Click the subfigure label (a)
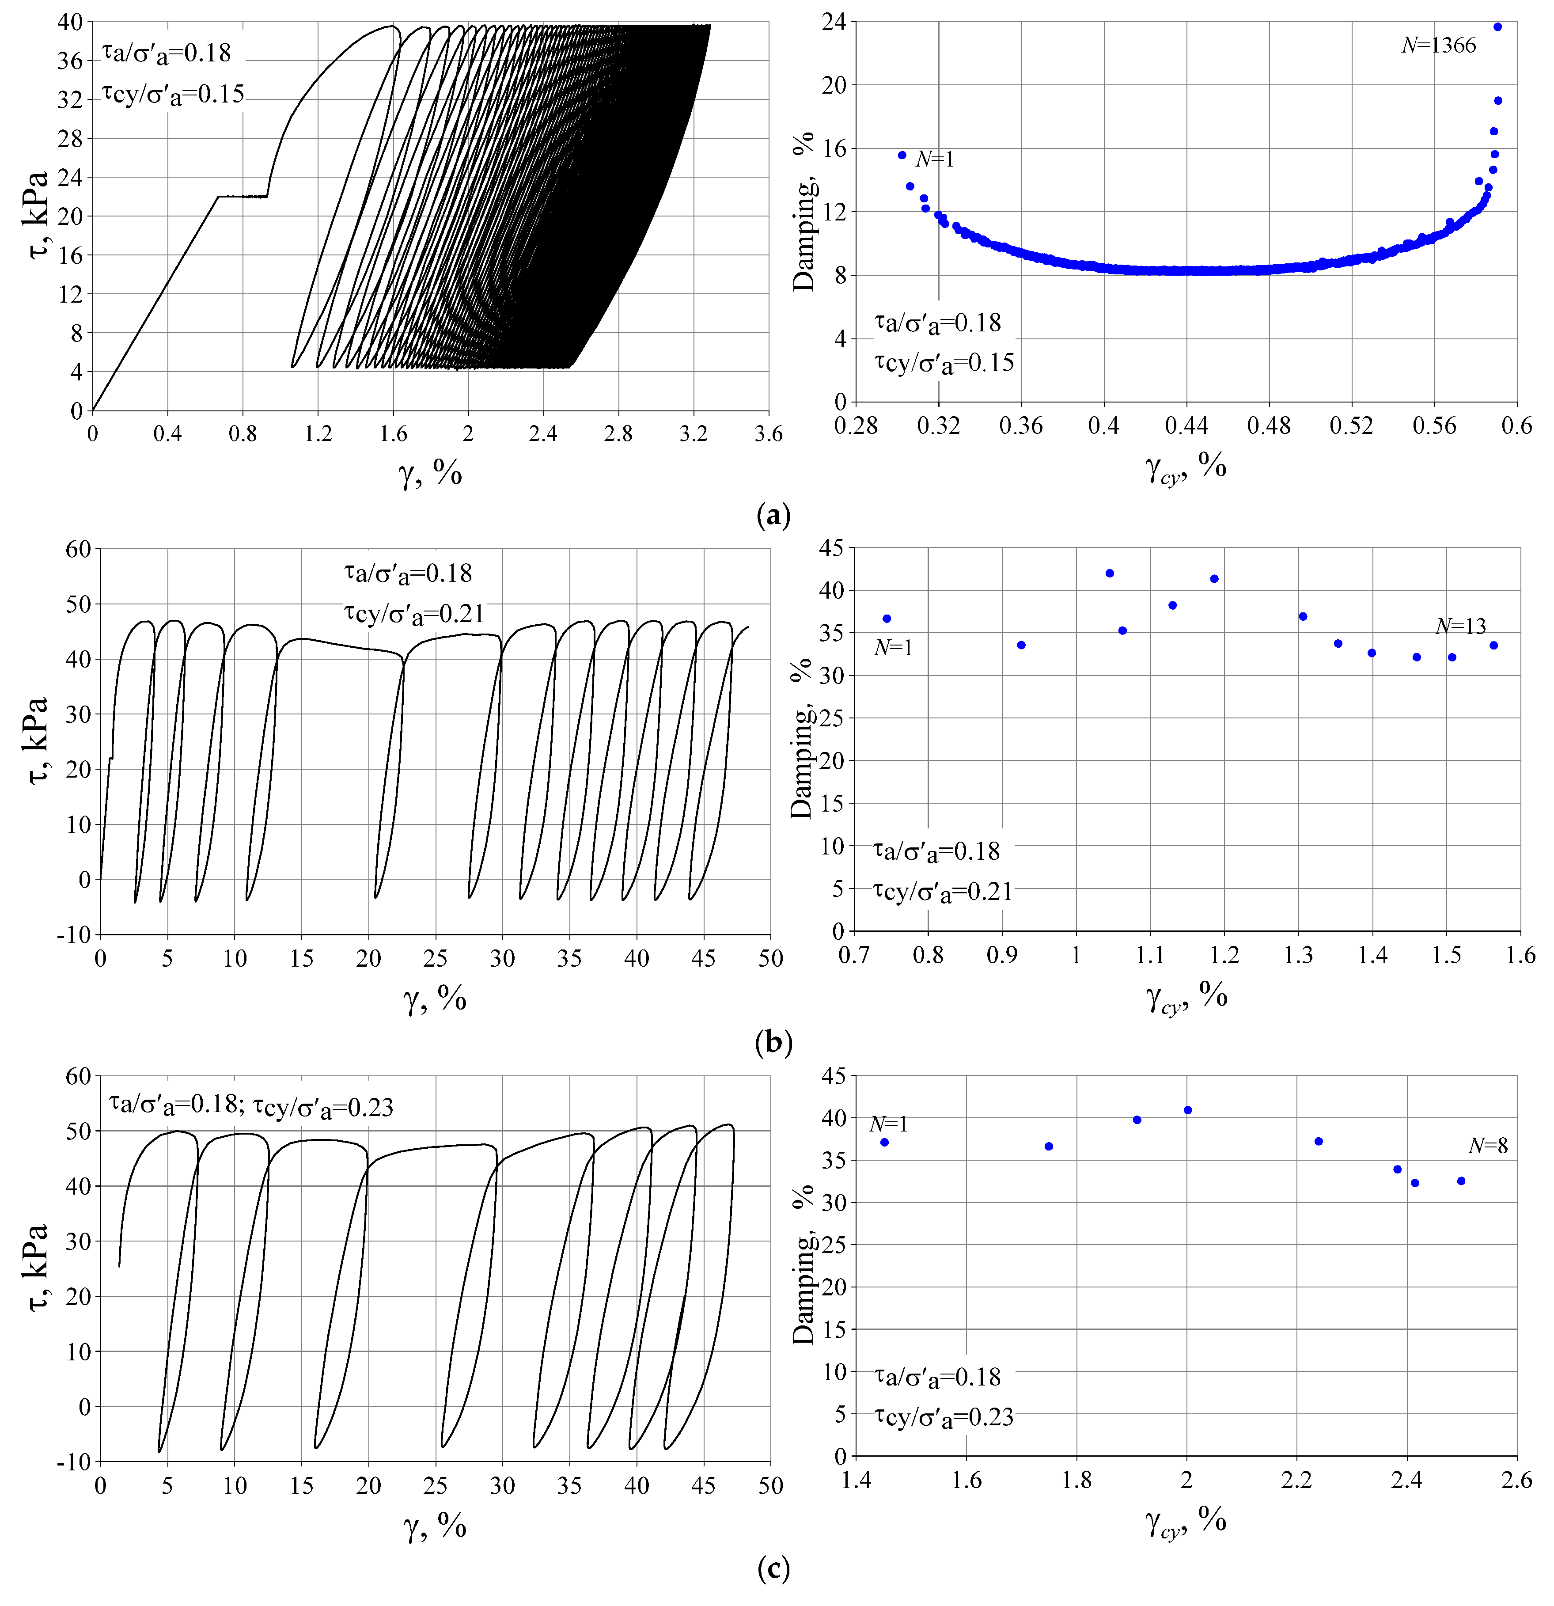click(773, 516)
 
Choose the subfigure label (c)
click(773, 1569)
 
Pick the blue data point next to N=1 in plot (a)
click(902, 155)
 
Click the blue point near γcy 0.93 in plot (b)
click(1021, 645)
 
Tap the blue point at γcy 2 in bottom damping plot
click(1188, 1110)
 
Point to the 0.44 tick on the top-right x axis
click(1186, 426)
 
